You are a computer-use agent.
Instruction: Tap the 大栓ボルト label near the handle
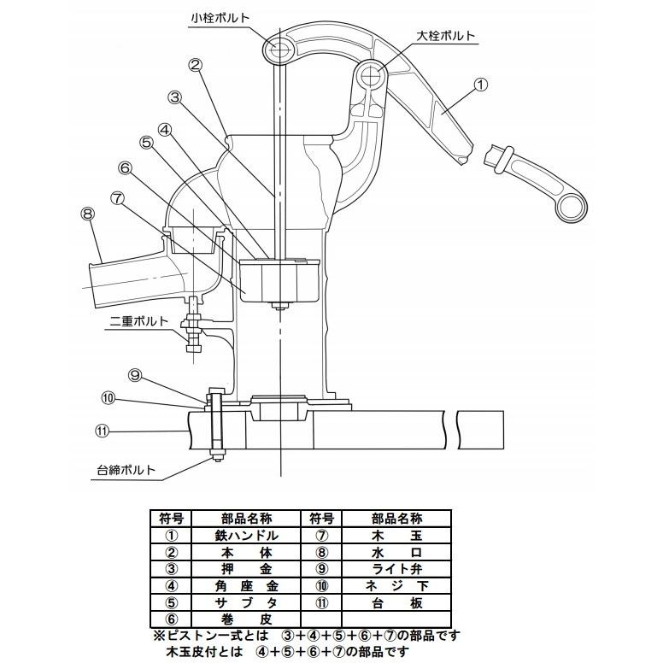click(x=446, y=36)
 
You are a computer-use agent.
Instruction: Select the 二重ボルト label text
click(x=139, y=321)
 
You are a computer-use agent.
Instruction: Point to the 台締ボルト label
click(x=126, y=470)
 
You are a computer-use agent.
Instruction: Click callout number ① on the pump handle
click(x=481, y=84)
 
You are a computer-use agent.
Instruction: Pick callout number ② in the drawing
click(x=196, y=65)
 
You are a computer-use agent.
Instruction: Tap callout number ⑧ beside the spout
click(x=87, y=214)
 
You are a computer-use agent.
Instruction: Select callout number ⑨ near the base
click(x=135, y=375)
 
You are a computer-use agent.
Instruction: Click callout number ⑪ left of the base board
click(x=102, y=431)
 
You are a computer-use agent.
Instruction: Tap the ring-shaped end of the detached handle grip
click(x=572, y=208)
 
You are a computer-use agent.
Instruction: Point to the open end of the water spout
click(x=94, y=285)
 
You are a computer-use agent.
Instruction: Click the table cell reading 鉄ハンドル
click(x=246, y=536)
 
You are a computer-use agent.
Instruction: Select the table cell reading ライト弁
click(x=396, y=569)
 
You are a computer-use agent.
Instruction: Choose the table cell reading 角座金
click(x=246, y=586)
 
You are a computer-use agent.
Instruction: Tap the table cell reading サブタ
click(x=246, y=603)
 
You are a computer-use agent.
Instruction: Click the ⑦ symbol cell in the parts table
click(x=322, y=536)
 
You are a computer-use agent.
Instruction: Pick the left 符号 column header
click(x=171, y=519)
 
